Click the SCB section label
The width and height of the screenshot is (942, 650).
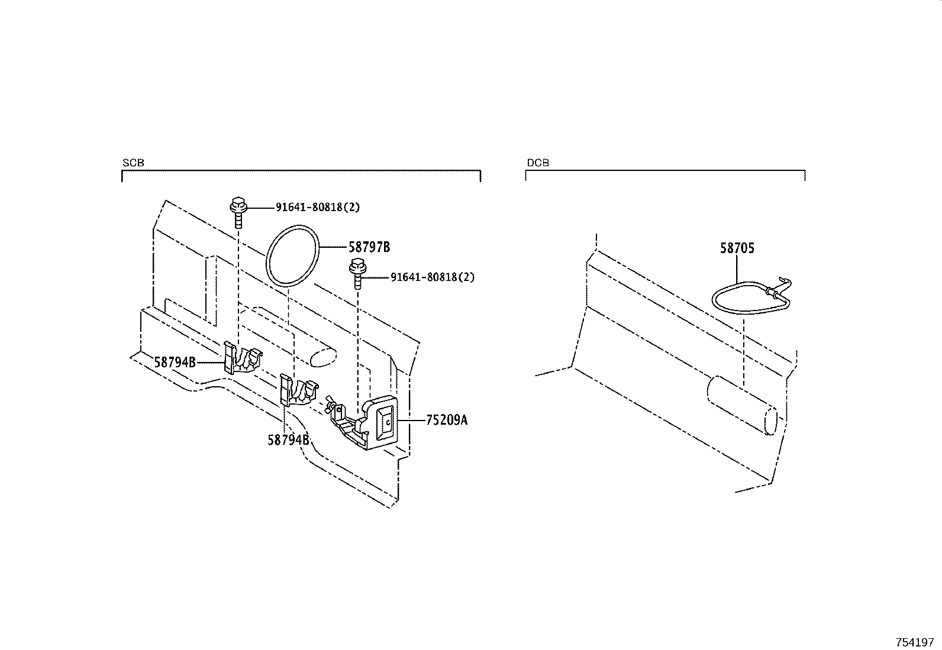tap(133, 163)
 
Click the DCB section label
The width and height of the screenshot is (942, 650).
tap(537, 163)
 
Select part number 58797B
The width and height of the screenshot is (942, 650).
tap(369, 247)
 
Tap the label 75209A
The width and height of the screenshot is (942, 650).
tap(446, 420)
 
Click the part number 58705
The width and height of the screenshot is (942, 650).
tap(737, 248)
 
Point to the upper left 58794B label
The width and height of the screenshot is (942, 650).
tap(175, 361)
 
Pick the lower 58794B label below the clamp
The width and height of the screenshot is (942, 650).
tap(288, 439)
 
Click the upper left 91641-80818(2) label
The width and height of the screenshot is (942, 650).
tap(317, 208)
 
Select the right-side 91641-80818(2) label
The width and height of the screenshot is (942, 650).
tap(432, 277)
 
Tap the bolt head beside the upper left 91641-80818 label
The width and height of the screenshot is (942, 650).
tap(237, 206)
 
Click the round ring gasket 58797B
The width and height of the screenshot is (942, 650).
tap(293, 256)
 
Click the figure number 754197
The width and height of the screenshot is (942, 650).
tap(914, 642)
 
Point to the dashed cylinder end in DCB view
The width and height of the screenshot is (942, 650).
tap(770, 422)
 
